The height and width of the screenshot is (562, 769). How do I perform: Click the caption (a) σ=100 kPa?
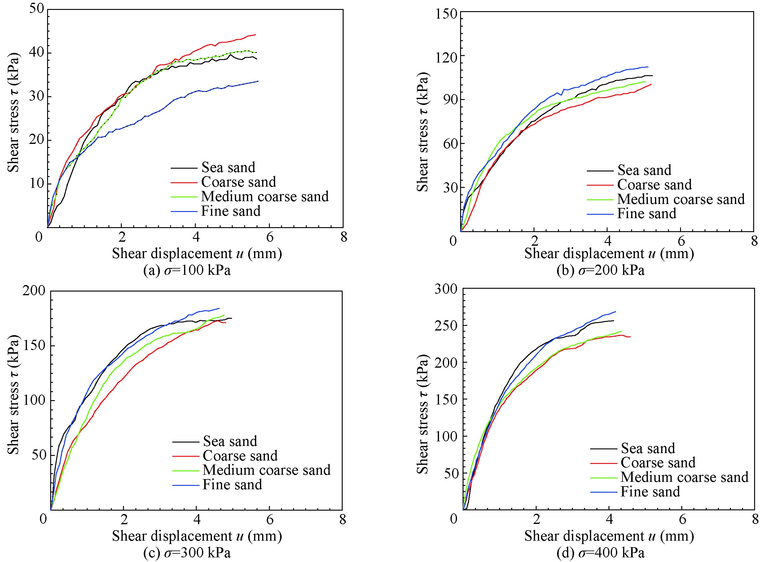pos(187,270)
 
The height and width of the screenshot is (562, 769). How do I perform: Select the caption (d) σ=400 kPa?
pos(600,553)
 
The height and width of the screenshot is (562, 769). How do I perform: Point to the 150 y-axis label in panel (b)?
pos(446,14)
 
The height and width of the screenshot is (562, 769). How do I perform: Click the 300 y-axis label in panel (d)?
pos(446,289)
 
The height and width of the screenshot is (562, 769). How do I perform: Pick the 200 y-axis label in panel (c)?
pos(34,291)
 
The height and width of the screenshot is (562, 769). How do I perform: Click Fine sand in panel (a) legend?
pos(231,211)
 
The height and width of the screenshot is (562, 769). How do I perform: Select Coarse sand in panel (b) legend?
pos(654,185)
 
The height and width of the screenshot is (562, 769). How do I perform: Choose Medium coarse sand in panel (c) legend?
pos(266,470)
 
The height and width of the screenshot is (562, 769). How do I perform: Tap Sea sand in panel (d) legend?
pos(648,448)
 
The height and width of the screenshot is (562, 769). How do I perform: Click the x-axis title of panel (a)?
pos(197,254)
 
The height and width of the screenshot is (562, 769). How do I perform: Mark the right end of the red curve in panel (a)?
pos(255,35)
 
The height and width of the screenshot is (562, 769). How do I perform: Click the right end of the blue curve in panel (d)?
pos(615,312)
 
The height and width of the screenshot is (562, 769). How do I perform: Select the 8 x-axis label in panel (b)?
pos(754,241)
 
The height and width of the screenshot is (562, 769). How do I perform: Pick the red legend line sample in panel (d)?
pos(604,463)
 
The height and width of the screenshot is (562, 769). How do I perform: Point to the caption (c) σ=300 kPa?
pos(187,553)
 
